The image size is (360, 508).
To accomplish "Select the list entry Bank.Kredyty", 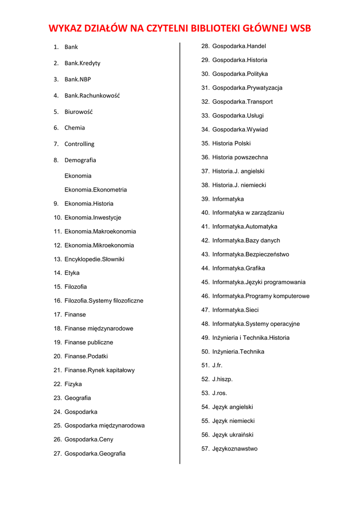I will (82, 63).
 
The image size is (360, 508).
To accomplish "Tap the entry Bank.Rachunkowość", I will (92, 95).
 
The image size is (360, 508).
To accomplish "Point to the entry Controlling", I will (79, 144).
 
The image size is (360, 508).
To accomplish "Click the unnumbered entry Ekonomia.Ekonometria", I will (95, 190).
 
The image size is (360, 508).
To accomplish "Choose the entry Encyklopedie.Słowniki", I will (94, 259).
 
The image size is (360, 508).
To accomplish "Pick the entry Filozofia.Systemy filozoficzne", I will (103, 301).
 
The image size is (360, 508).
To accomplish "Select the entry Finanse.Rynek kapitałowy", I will (99, 370).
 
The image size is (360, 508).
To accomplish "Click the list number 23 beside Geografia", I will (57, 398).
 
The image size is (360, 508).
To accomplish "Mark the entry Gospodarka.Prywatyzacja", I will (247, 88).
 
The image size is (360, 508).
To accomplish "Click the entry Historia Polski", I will (231, 143).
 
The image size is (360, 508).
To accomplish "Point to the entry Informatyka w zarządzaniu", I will (248, 213).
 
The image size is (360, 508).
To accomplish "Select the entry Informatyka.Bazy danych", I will (246, 241).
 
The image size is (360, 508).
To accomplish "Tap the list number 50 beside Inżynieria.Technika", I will (205, 352).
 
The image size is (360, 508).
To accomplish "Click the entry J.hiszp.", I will (222, 380).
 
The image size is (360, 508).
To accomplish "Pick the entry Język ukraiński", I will (232, 435).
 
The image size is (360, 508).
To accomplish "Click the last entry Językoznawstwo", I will (234, 449).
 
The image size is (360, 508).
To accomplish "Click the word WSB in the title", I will (300, 28).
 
